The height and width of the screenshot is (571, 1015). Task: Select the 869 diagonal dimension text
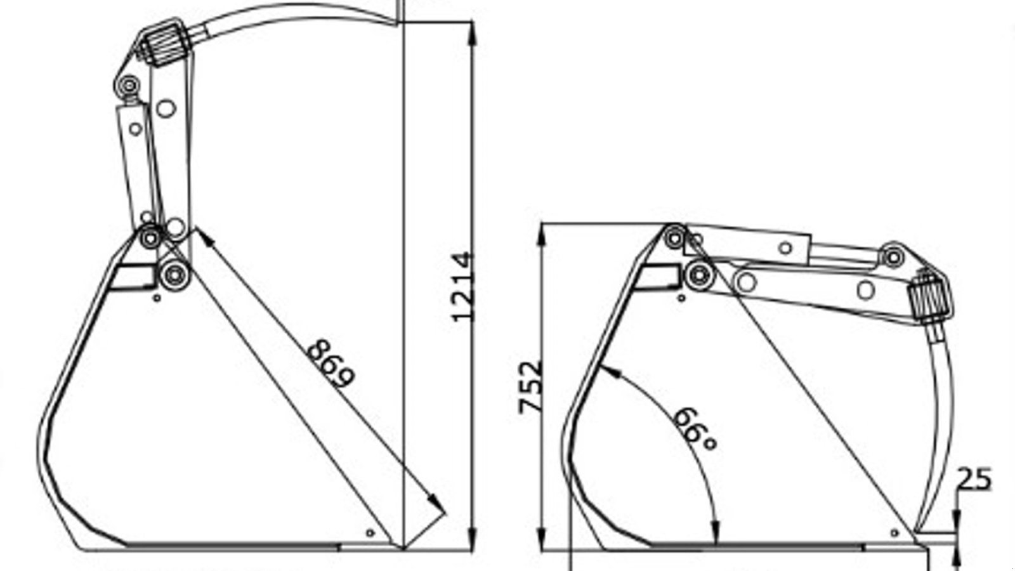coord(330,364)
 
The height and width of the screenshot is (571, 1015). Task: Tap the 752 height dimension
coord(532,387)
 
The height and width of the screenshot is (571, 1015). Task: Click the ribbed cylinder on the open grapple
coord(166,43)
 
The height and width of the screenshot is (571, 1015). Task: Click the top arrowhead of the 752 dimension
coord(542,235)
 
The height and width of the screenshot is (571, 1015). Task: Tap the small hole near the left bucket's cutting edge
coord(370,532)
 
